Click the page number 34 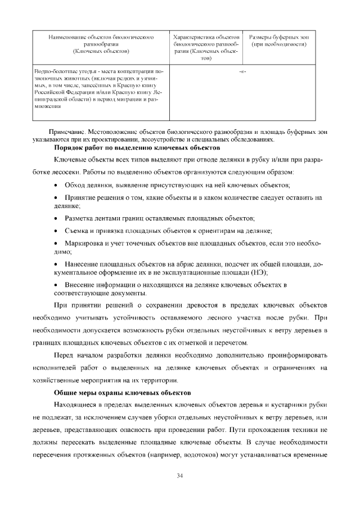(x=180, y=476)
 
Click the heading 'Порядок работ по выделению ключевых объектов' (x=137, y=147)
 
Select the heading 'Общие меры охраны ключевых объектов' (x=123, y=391)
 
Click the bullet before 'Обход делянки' (x=56, y=185)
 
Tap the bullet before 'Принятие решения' (x=56, y=198)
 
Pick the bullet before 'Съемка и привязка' (x=56, y=231)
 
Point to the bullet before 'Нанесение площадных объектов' (x=56, y=264)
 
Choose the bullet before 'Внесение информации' (x=56, y=285)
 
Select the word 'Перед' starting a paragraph (x=64, y=355)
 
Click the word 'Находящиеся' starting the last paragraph (x=75, y=405)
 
